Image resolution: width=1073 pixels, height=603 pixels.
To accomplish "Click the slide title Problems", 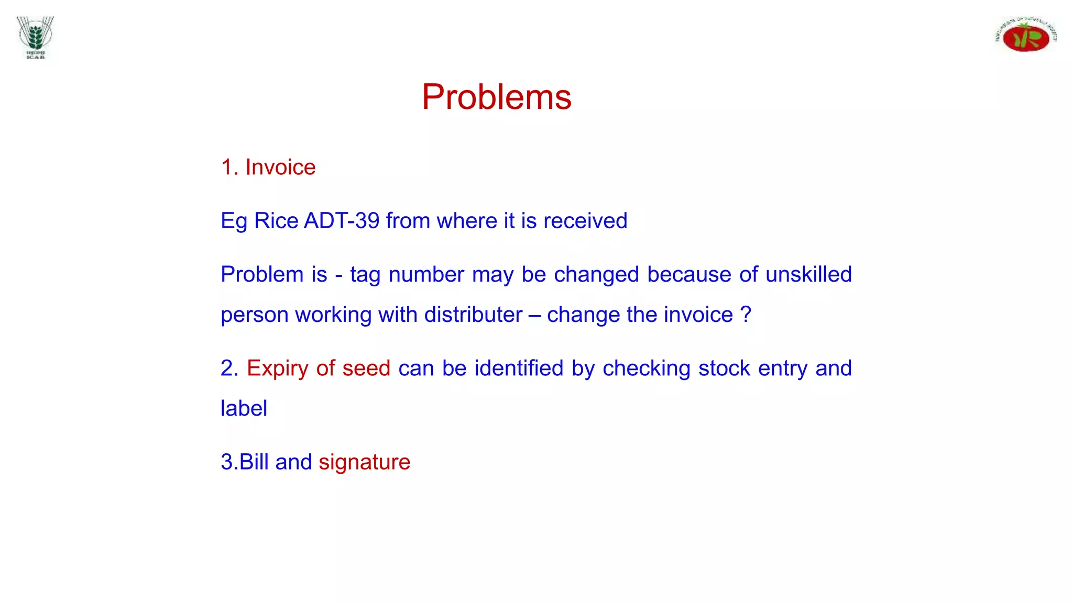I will (x=496, y=97).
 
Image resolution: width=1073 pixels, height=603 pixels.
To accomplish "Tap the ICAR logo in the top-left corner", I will (x=36, y=37).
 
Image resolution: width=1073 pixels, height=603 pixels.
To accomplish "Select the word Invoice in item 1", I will (x=280, y=167).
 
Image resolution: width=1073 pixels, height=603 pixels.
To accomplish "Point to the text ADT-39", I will (x=342, y=221).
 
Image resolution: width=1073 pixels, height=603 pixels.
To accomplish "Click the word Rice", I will (x=276, y=221).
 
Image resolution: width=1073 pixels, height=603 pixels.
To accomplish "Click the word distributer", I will (x=473, y=315).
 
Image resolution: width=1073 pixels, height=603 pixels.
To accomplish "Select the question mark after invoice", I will (x=746, y=315).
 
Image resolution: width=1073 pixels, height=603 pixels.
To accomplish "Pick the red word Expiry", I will (x=278, y=368).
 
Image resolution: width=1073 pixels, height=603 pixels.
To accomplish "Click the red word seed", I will (x=366, y=368).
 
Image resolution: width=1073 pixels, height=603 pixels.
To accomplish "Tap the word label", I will (x=244, y=408).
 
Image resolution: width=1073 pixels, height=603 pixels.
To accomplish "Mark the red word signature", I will (x=364, y=462).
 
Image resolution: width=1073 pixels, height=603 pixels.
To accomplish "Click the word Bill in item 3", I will (x=254, y=462).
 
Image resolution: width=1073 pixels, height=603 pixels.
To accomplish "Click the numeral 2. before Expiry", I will (x=229, y=368).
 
